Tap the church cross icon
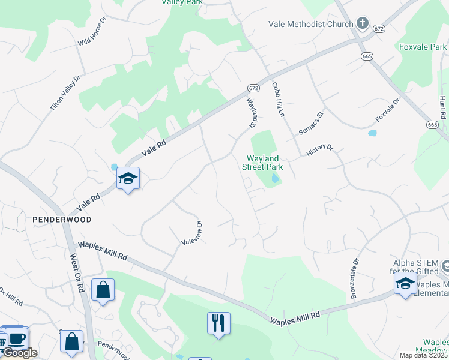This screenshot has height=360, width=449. click(x=362, y=24)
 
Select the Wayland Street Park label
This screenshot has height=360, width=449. click(x=262, y=163)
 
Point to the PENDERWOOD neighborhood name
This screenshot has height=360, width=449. click(x=62, y=220)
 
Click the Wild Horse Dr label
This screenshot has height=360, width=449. click(x=92, y=32)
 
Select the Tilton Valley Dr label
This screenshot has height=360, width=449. click(x=65, y=95)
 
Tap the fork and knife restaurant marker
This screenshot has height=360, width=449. click(x=218, y=323)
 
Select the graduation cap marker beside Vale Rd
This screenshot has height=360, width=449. click(x=128, y=178)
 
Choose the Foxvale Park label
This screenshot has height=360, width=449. click(x=423, y=46)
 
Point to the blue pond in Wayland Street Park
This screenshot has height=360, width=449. click(x=274, y=178)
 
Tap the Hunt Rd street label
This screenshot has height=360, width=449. click(x=443, y=106)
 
